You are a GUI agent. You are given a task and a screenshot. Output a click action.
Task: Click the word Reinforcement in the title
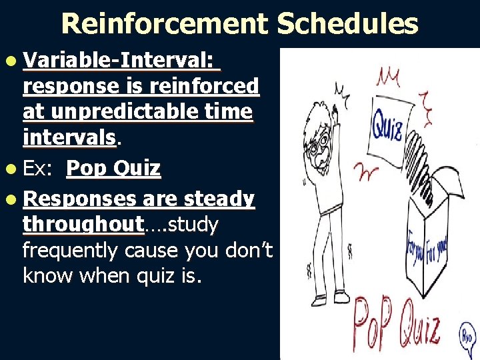pyautogui.click(x=165, y=24)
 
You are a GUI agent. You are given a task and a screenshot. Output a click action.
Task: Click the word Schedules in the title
pyautogui.click(x=347, y=24)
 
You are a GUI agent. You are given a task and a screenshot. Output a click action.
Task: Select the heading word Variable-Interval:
pyautogui.click(x=120, y=61)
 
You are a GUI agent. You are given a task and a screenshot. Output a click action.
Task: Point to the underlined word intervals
pyautogui.click(x=69, y=137)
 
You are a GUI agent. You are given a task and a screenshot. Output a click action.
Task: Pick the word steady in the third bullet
pyautogui.click(x=219, y=199)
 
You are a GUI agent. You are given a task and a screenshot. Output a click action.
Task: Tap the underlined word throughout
pyautogui.click(x=83, y=225)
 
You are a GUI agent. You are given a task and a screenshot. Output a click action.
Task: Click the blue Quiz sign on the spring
pyautogui.click(x=386, y=125)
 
